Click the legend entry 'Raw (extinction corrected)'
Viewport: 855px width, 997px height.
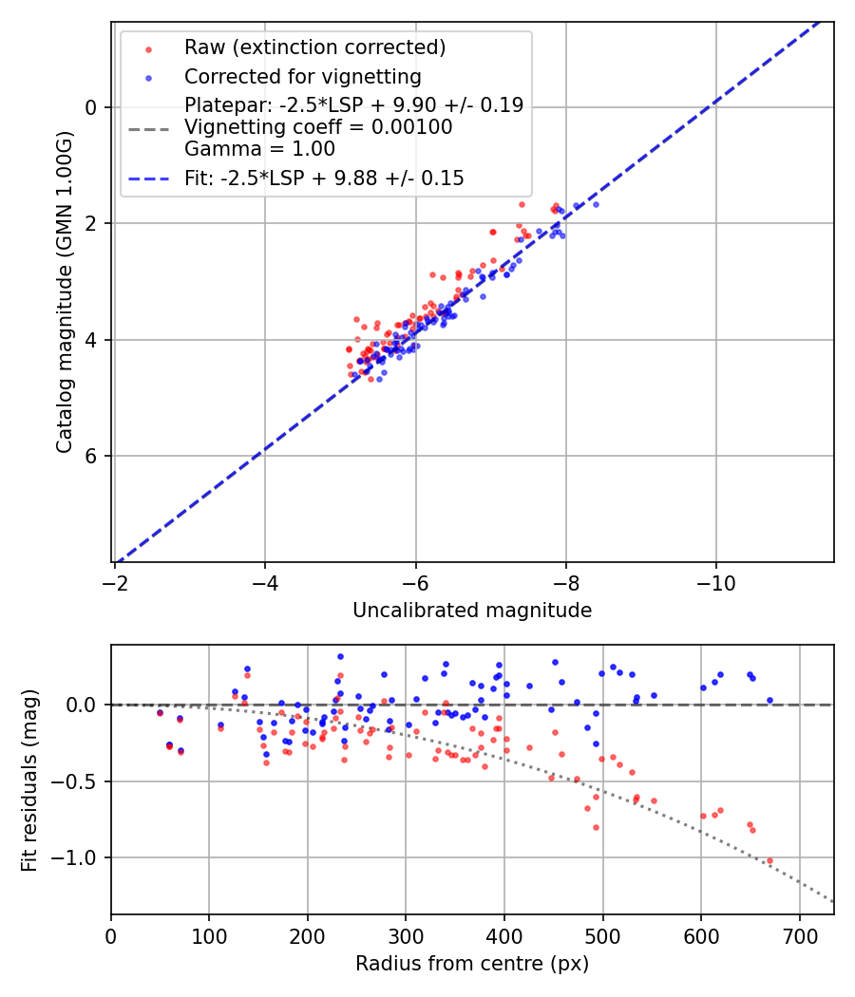click(x=314, y=47)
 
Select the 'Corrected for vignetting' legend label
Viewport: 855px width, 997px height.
click(x=302, y=76)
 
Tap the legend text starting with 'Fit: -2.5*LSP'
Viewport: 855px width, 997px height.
click(x=324, y=178)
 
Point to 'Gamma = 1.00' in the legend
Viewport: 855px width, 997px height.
click(x=259, y=148)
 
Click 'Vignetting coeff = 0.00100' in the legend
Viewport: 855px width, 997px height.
click(x=318, y=127)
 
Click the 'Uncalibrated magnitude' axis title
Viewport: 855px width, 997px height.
click(x=472, y=611)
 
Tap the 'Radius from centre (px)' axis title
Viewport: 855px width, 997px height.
click(x=472, y=964)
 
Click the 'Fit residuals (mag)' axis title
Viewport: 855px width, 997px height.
click(x=29, y=780)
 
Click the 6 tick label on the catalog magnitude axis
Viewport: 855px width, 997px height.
click(x=92, y=456)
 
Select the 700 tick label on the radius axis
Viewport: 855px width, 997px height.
click(x=799, y=934)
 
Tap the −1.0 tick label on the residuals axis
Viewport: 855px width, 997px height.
click(x=80, y=857)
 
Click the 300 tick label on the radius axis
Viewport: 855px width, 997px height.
click(x=406, y=934)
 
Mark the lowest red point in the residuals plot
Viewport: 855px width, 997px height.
click(x=769, y=860)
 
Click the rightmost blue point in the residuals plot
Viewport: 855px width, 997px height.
click(x=769, y=700)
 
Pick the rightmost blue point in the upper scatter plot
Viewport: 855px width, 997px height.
click(x=596, y=204)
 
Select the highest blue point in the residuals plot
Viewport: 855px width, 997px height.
click(x=340, y=656)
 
